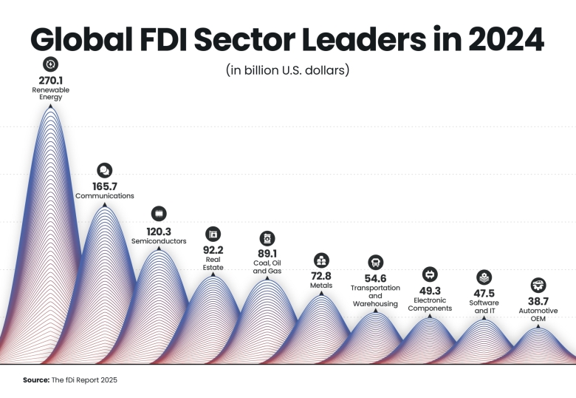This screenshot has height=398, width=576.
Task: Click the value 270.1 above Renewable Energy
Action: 50,79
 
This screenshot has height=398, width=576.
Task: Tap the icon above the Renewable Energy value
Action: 50,64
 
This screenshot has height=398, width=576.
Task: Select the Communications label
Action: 105,196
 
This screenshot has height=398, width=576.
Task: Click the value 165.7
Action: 105,186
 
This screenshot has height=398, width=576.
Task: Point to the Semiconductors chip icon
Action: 159,213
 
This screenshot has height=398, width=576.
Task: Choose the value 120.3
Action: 159,231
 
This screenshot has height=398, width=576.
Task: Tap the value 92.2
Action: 213,250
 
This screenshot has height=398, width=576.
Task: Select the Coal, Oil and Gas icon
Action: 267,238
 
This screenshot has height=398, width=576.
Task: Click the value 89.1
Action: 267,254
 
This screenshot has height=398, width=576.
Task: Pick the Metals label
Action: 321,285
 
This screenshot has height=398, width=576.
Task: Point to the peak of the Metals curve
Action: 321,294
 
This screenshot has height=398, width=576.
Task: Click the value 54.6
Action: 375,278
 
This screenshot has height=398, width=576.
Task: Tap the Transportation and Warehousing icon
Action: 375,263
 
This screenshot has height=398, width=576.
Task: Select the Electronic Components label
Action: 430,304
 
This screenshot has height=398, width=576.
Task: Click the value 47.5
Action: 484,293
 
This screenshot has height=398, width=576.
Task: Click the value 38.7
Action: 539,301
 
